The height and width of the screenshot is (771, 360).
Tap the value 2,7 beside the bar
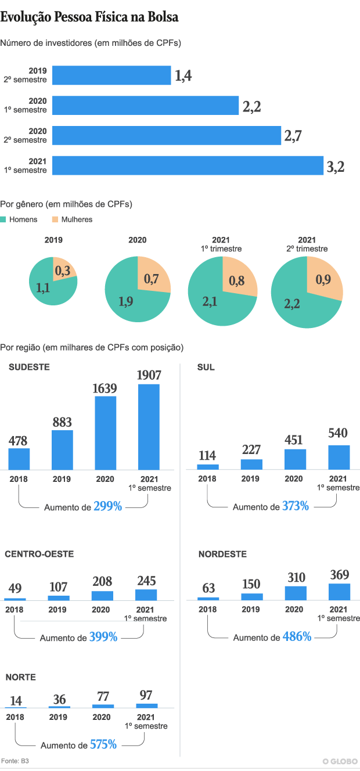point(293,136)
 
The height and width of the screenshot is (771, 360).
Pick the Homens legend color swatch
point(3,219)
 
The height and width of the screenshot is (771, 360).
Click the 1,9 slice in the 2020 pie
point(128,302)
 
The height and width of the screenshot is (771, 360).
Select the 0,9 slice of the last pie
point(323,280)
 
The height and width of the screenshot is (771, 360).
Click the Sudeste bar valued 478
point(19,459)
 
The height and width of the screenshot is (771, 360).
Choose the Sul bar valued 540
point(339,457)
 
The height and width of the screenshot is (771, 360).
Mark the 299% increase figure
point(108,506)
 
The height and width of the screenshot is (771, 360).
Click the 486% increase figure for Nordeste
point(297,637)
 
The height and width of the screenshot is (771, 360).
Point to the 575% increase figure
point(103,744)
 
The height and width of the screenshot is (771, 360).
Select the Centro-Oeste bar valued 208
point(103,596)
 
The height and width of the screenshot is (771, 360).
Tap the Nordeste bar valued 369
point(339,592)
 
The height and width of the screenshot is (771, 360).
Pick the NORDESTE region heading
point(222,554)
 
